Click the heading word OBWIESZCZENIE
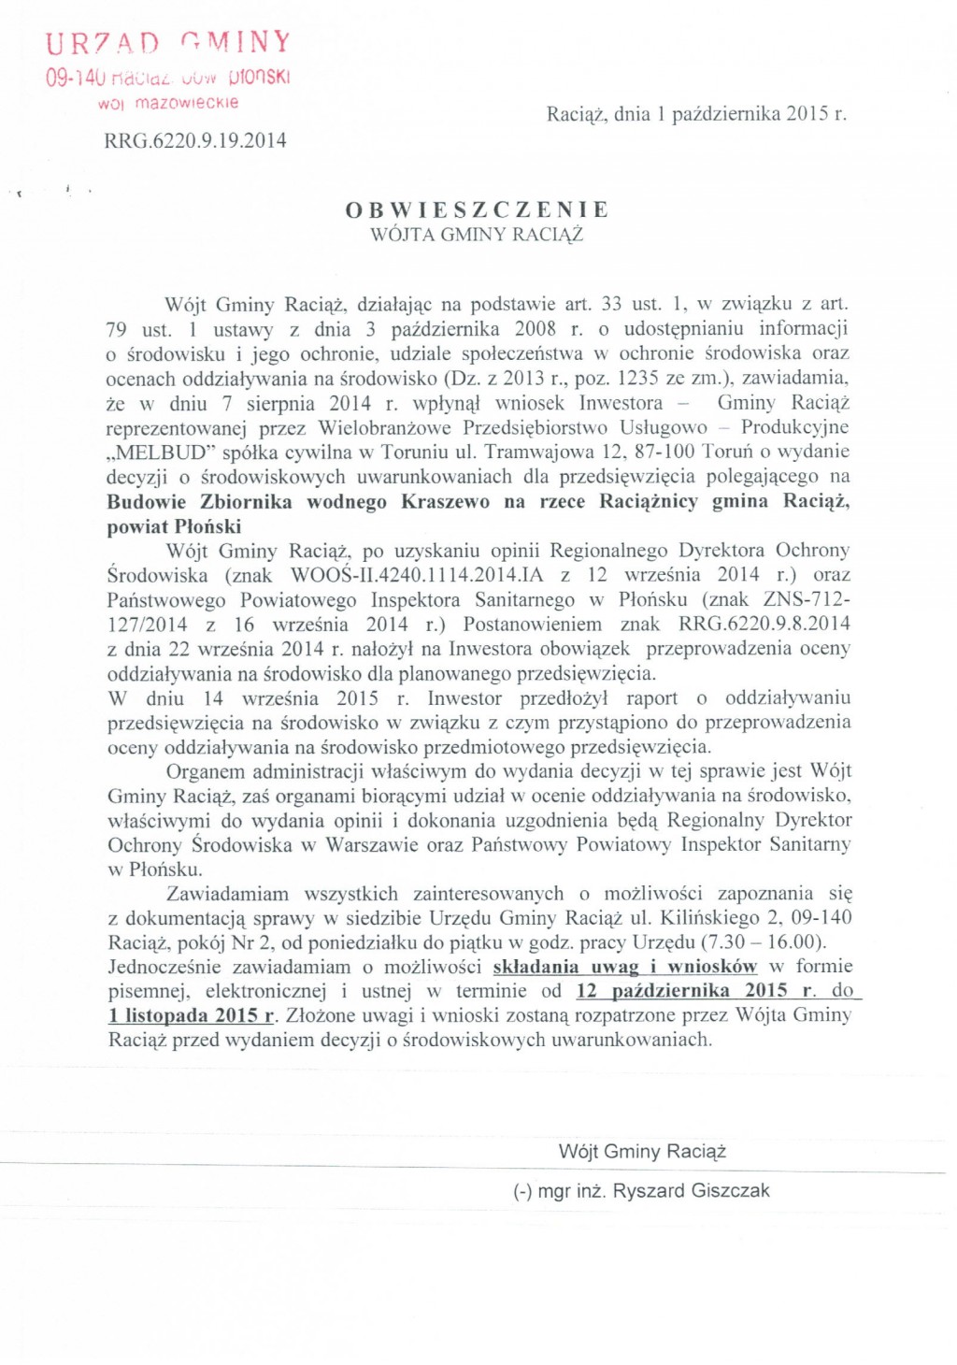pos(477,209)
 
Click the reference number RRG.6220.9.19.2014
pos(195,141)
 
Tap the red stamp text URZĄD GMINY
pos(169,43)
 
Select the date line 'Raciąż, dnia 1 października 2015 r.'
pos(696,114)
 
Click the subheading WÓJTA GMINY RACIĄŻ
pos(477,235)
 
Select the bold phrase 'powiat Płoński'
pos(174,526)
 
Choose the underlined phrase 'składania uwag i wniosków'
pos(624,967)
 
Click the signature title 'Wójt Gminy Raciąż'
pos(642,1152)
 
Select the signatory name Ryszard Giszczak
pos(692,1191)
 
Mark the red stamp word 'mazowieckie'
pos(187,103)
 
